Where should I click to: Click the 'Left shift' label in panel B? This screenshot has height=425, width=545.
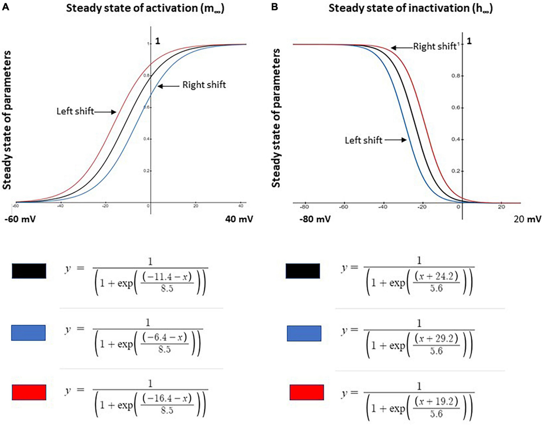click(362, 140)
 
